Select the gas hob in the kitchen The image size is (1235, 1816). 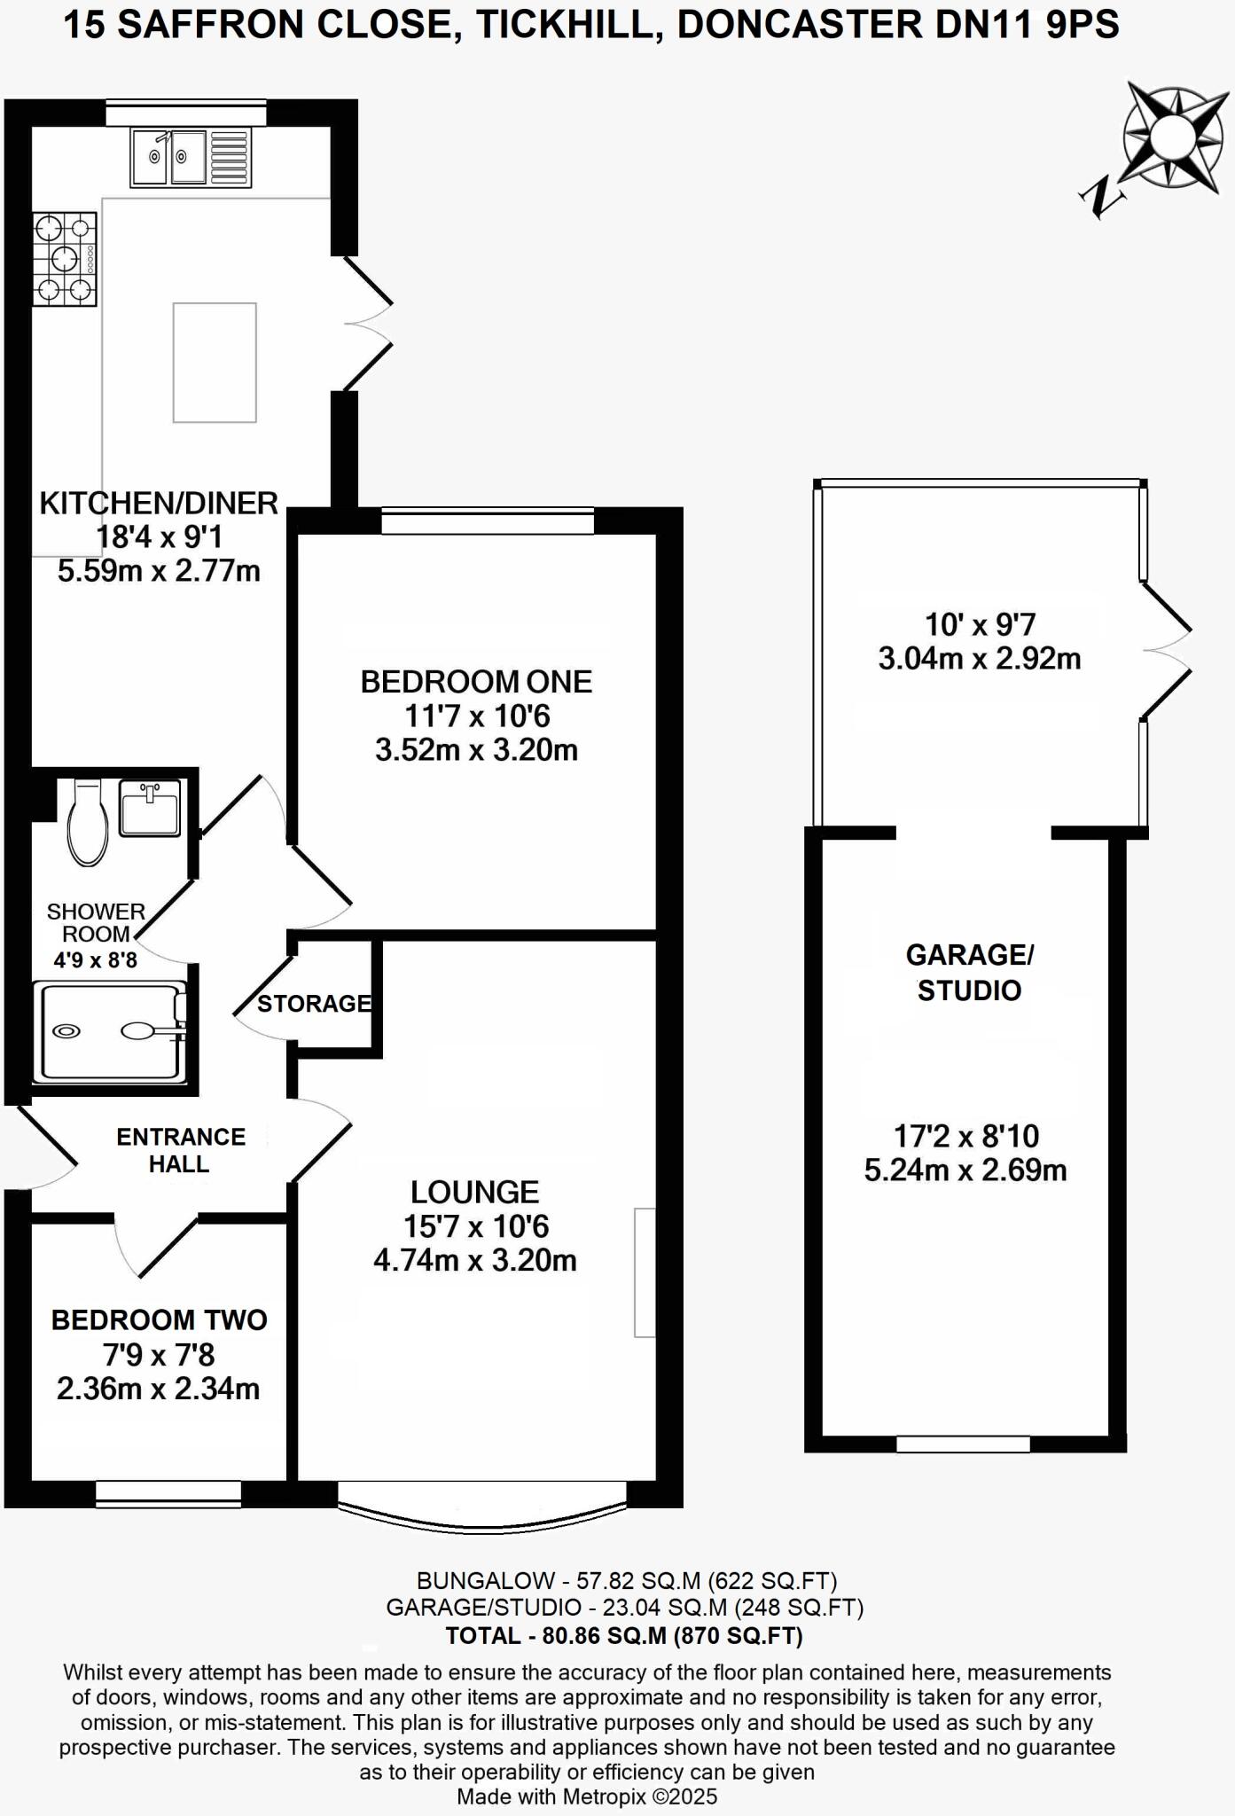coord(65,260)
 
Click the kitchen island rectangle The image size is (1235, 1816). coord(215,363)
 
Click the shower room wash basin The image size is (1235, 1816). coord(150,807)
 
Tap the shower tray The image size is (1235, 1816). coord(110,1031)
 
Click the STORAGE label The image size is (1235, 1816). coord(314,1003)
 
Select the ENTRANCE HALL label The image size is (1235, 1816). coord(181,1150)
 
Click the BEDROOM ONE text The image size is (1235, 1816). coord(476,682)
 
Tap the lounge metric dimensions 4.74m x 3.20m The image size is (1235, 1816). coord(475,1260)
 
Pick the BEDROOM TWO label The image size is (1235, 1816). coord(160,1320)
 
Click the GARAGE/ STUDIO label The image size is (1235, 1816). coord(969,973)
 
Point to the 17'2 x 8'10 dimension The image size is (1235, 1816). coord(965,1136)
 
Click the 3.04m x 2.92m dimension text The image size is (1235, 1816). coord(979,659)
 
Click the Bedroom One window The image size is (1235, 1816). coord(488,521)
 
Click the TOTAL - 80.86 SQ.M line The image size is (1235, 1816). coord(623,1635)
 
